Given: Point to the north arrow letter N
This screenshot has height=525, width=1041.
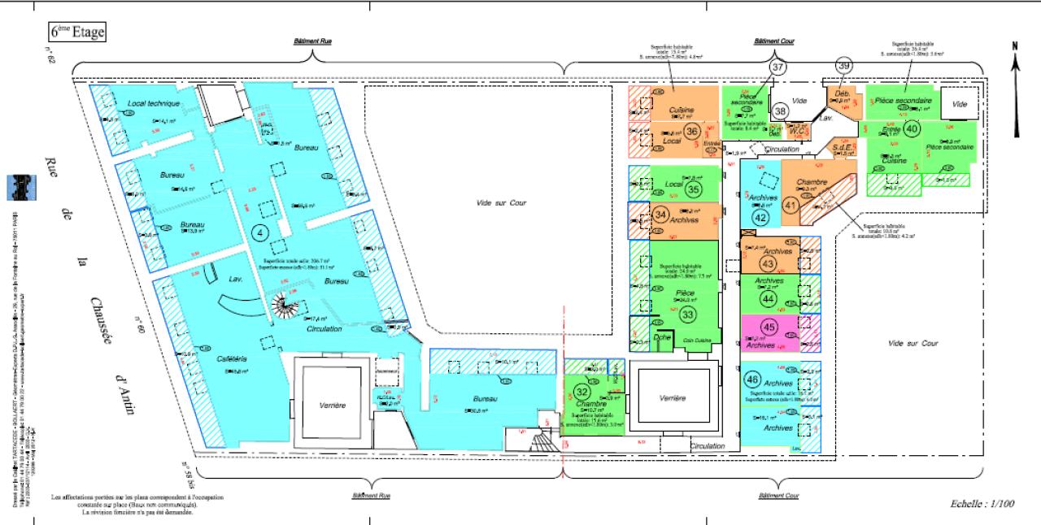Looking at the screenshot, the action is coord(1014,47).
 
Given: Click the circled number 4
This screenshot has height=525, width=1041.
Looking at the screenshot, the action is coord(259,233).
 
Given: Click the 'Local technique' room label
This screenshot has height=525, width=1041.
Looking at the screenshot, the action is coord(152,104).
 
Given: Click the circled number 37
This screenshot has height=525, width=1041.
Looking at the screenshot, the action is coord(778,67).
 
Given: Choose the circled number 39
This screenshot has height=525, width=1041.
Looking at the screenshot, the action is coord(843,67).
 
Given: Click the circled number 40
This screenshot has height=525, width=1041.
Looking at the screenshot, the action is coord(912,128).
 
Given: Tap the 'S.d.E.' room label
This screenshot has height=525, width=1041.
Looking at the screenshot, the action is coord(842,146).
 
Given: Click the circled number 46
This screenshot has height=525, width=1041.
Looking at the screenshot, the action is coord(752,380).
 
